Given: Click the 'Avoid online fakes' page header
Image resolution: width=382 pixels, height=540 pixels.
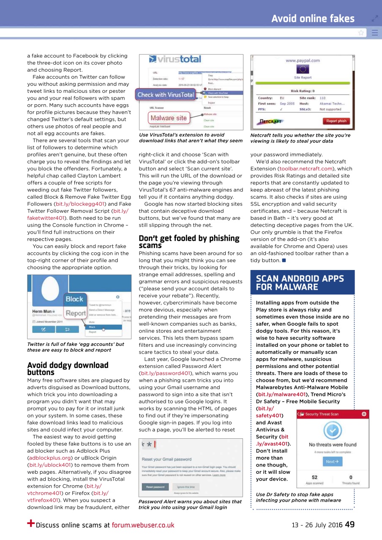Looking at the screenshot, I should coord(313,19).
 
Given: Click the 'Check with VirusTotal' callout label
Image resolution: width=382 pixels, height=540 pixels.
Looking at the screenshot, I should coord(165,95).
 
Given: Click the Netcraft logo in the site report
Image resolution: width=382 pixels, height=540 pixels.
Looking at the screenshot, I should coord(270,121).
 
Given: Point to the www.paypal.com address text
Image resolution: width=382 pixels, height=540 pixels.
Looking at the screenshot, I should coord(303,61).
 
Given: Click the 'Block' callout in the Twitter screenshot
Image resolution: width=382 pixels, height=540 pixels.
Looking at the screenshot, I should coord(74,299).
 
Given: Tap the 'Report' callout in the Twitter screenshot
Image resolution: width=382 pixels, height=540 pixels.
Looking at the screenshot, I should coord(76,313).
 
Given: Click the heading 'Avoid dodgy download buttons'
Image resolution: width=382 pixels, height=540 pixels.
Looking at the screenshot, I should coord(68,368).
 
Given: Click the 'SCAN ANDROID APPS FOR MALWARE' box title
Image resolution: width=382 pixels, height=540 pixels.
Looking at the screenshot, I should coord(300,283).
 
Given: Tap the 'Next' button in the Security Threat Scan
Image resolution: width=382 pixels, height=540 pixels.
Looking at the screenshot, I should coord(333,462).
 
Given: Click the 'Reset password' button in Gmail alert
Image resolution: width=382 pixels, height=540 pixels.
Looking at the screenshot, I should coord(156,487).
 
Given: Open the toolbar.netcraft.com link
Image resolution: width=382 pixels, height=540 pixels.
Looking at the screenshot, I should coord(312,169).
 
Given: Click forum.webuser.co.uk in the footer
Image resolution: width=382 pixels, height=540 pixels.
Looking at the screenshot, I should coord(143,525).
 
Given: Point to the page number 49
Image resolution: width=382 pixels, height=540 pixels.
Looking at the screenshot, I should coord(349,524).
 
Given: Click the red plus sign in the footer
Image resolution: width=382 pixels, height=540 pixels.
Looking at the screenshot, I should coord(30,523).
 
